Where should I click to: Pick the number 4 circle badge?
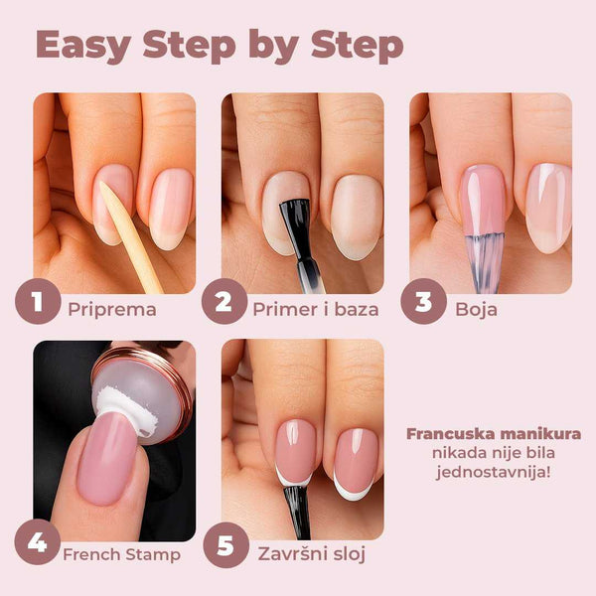38,545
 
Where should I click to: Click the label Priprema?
112,308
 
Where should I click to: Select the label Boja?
478,308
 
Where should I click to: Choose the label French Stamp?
120,553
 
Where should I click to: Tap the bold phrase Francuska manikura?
494,434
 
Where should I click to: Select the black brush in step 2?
295,238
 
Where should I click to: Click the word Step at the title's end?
351,46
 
